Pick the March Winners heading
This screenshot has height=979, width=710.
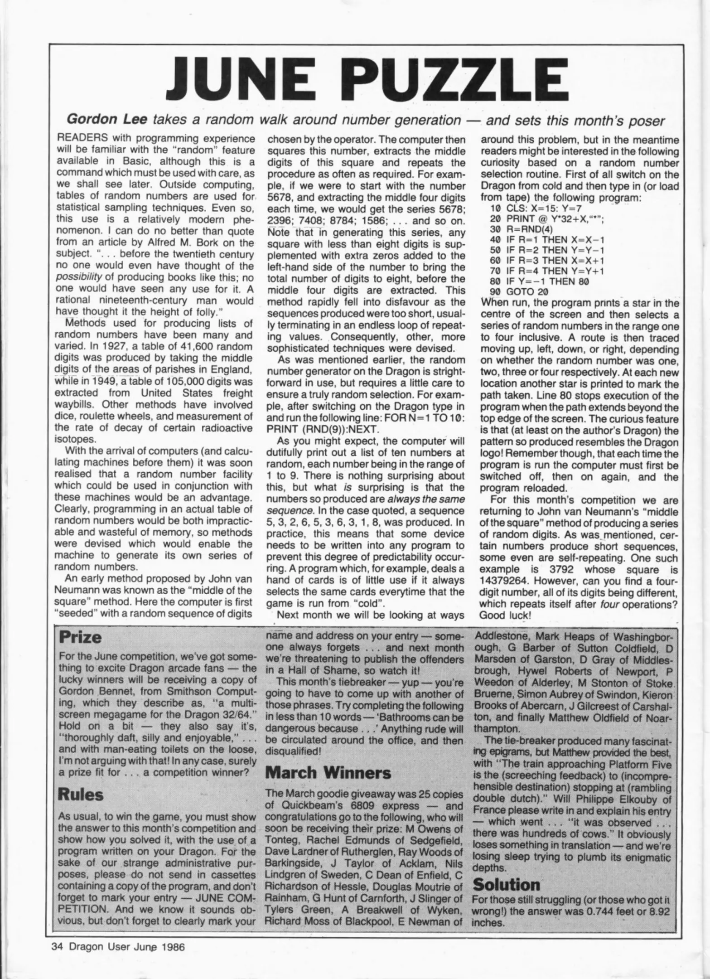point(328,773)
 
